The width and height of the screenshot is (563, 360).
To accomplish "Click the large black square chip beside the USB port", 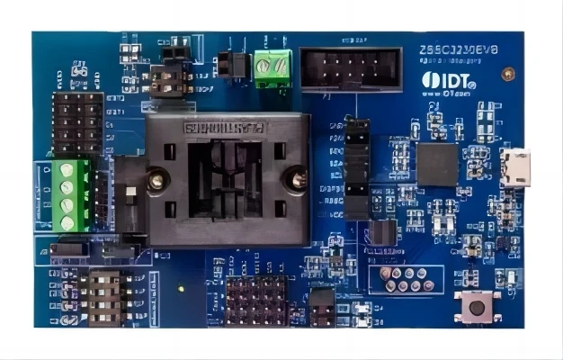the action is (x=437, y=165).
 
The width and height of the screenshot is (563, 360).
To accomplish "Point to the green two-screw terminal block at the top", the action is (x=272, y=68).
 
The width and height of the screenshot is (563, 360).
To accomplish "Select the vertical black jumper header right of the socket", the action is (x=356, y=167).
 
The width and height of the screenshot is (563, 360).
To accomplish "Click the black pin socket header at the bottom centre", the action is (x=256, y=301).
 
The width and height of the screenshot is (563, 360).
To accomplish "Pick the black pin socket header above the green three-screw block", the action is (x=78, y=123).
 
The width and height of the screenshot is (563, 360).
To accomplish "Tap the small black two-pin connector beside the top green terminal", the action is (x=231, y=64).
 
